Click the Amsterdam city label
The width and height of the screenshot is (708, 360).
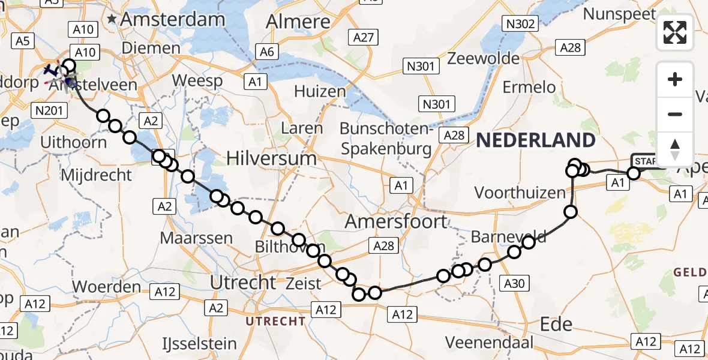point(173,19)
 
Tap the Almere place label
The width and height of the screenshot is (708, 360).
point(298,22)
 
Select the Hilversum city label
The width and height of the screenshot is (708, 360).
point(272,158)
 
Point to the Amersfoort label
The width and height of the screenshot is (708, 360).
point(397,221)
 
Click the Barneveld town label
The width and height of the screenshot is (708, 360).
point(509,237)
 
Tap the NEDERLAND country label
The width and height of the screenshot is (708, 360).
point(536,141)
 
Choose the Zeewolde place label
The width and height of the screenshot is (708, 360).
point(484,59)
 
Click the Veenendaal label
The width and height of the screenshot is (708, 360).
point(489,343)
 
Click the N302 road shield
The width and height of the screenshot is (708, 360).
point(520,24)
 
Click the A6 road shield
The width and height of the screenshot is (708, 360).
point(268,52)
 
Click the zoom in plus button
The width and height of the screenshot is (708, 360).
point(675,80)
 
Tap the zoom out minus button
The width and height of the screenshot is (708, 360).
point(675,114)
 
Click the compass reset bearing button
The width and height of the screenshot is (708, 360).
point(675,149)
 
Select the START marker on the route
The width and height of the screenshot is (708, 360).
point(645,161)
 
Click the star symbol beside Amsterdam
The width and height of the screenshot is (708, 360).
point(112,20)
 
